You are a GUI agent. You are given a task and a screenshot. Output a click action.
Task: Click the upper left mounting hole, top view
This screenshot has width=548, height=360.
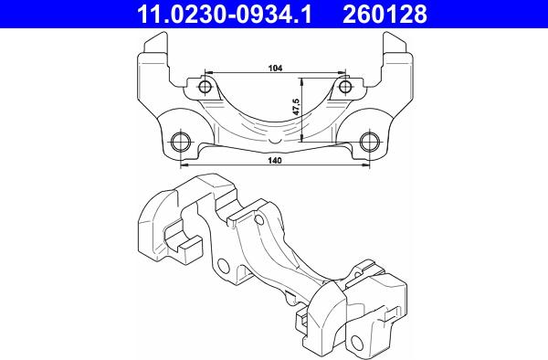(205, 87)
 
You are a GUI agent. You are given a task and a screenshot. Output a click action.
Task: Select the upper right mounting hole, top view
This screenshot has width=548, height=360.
(346, 87)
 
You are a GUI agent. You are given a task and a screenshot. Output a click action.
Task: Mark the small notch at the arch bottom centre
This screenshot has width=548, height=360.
(277, 140)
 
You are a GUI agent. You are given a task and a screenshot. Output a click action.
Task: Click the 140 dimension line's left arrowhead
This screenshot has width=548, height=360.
(184, 166)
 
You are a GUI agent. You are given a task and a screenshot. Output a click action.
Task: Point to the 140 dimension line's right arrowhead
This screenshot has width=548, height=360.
(367, 166)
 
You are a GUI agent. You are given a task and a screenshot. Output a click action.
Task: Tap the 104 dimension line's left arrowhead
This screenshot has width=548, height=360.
(209, 72)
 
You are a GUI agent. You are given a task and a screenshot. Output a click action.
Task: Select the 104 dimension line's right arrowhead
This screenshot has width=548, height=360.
(342, 72)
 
